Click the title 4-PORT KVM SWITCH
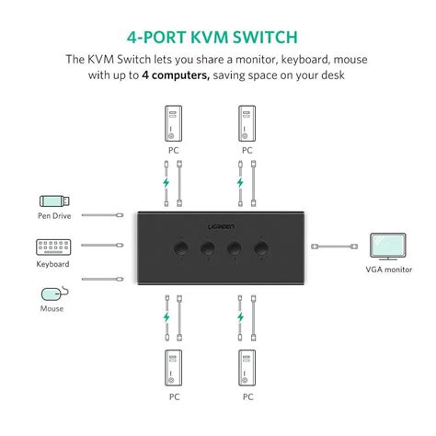tap(217, 38)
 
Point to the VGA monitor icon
tap(387, 246)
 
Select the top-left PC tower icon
tap(171, 120)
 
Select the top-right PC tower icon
tap(246, 120)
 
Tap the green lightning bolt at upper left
tap(166, 183)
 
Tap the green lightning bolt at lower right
tap(240, 317)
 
